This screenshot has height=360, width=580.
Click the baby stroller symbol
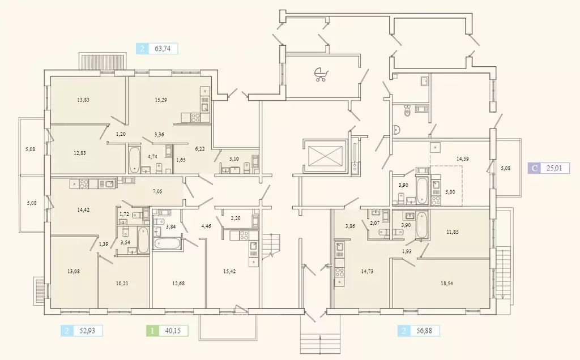tap(321, 74)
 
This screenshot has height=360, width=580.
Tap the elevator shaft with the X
tap(323, 156)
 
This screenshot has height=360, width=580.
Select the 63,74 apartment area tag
tap(157, 49)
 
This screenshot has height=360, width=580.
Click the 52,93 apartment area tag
tap(82, 331)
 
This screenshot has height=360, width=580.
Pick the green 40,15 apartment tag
tap(167, 331)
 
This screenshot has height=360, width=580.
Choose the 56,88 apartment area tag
tap(419, 331)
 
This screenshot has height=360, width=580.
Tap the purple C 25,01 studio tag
tap(548, 168)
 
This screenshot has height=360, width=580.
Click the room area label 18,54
tap(447, 284)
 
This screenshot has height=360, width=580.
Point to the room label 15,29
tap(161, 100)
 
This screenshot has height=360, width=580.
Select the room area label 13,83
tap(83, 100)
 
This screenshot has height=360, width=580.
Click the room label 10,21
tap(122, 284)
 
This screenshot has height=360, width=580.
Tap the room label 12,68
tap(178, 284)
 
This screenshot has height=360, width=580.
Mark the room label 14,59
tap(462, 159)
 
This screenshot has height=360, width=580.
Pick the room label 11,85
tap(452, 232)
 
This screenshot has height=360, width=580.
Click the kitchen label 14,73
tap(367, 271)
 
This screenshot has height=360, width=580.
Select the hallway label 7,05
tap(157, 191)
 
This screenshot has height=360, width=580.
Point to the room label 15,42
tap(229, 271)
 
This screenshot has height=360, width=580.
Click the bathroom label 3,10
tap(234, 159)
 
